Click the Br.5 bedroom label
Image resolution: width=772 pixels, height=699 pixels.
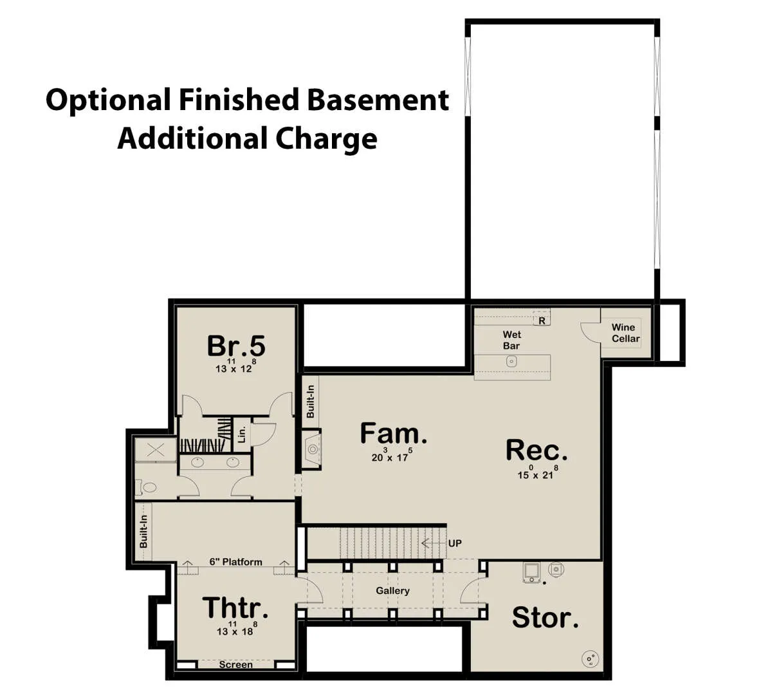coord(236,346)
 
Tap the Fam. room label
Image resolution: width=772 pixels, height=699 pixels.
coord(393,433)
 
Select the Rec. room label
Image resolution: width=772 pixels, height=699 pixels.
coord(537,450)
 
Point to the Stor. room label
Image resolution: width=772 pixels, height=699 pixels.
coord(546,617)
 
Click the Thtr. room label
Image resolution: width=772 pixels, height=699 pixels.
coord(235,608)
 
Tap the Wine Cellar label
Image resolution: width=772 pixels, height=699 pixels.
coord(626,333)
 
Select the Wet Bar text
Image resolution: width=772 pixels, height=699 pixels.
coord(512,340)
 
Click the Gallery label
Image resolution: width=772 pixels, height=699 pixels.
coord(392,591)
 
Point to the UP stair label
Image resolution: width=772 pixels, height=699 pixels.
coord(455,543)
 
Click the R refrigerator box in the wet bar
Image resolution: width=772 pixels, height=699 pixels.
coord(542,321)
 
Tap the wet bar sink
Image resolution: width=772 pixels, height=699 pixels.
coord(511,361)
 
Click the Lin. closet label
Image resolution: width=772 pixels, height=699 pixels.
coord(242,434)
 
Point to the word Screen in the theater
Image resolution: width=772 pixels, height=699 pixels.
coord(236,664)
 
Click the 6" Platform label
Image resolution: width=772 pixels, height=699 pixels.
coord(235,562)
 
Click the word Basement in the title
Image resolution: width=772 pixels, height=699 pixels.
coord(378,100)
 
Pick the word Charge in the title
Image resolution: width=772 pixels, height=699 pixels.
coord(326,140)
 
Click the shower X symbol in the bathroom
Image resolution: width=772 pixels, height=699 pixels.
coord(156,450)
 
